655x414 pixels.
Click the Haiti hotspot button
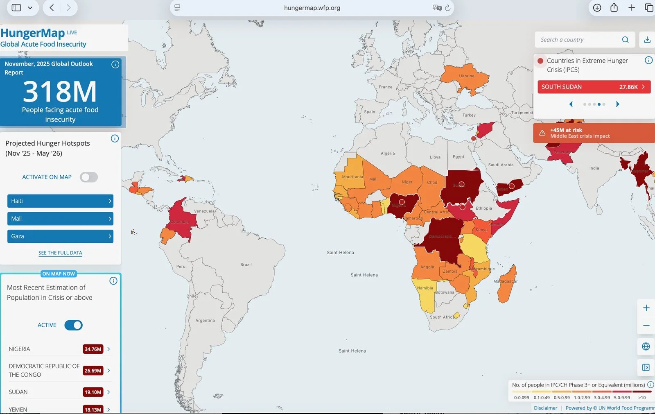(x=60, y=201)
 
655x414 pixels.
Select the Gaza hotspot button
(x=60, y=236)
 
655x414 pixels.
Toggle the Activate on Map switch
(x=89, y=177)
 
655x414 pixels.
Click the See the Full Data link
(x=60, y=253)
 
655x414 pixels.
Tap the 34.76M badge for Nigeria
(x=93, y=349)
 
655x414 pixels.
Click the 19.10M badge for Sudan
(x=93, y=392)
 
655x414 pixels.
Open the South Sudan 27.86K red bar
(x=594, y=87)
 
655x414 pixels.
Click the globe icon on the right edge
(x=646, y=346)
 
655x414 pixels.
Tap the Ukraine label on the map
(x=467, y=76)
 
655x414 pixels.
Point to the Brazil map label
(x=246, y=265)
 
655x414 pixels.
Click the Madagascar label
(x=505, y=281)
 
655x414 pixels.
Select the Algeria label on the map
(x=388, y=154)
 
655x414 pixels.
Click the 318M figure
(x=60, y=91)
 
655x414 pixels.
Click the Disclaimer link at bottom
(x=545, y=408)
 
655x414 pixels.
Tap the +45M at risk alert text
(x=566, y=130)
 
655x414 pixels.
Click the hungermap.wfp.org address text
(x=312, y=8)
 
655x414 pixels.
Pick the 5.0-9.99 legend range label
(x=622, y=398)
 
